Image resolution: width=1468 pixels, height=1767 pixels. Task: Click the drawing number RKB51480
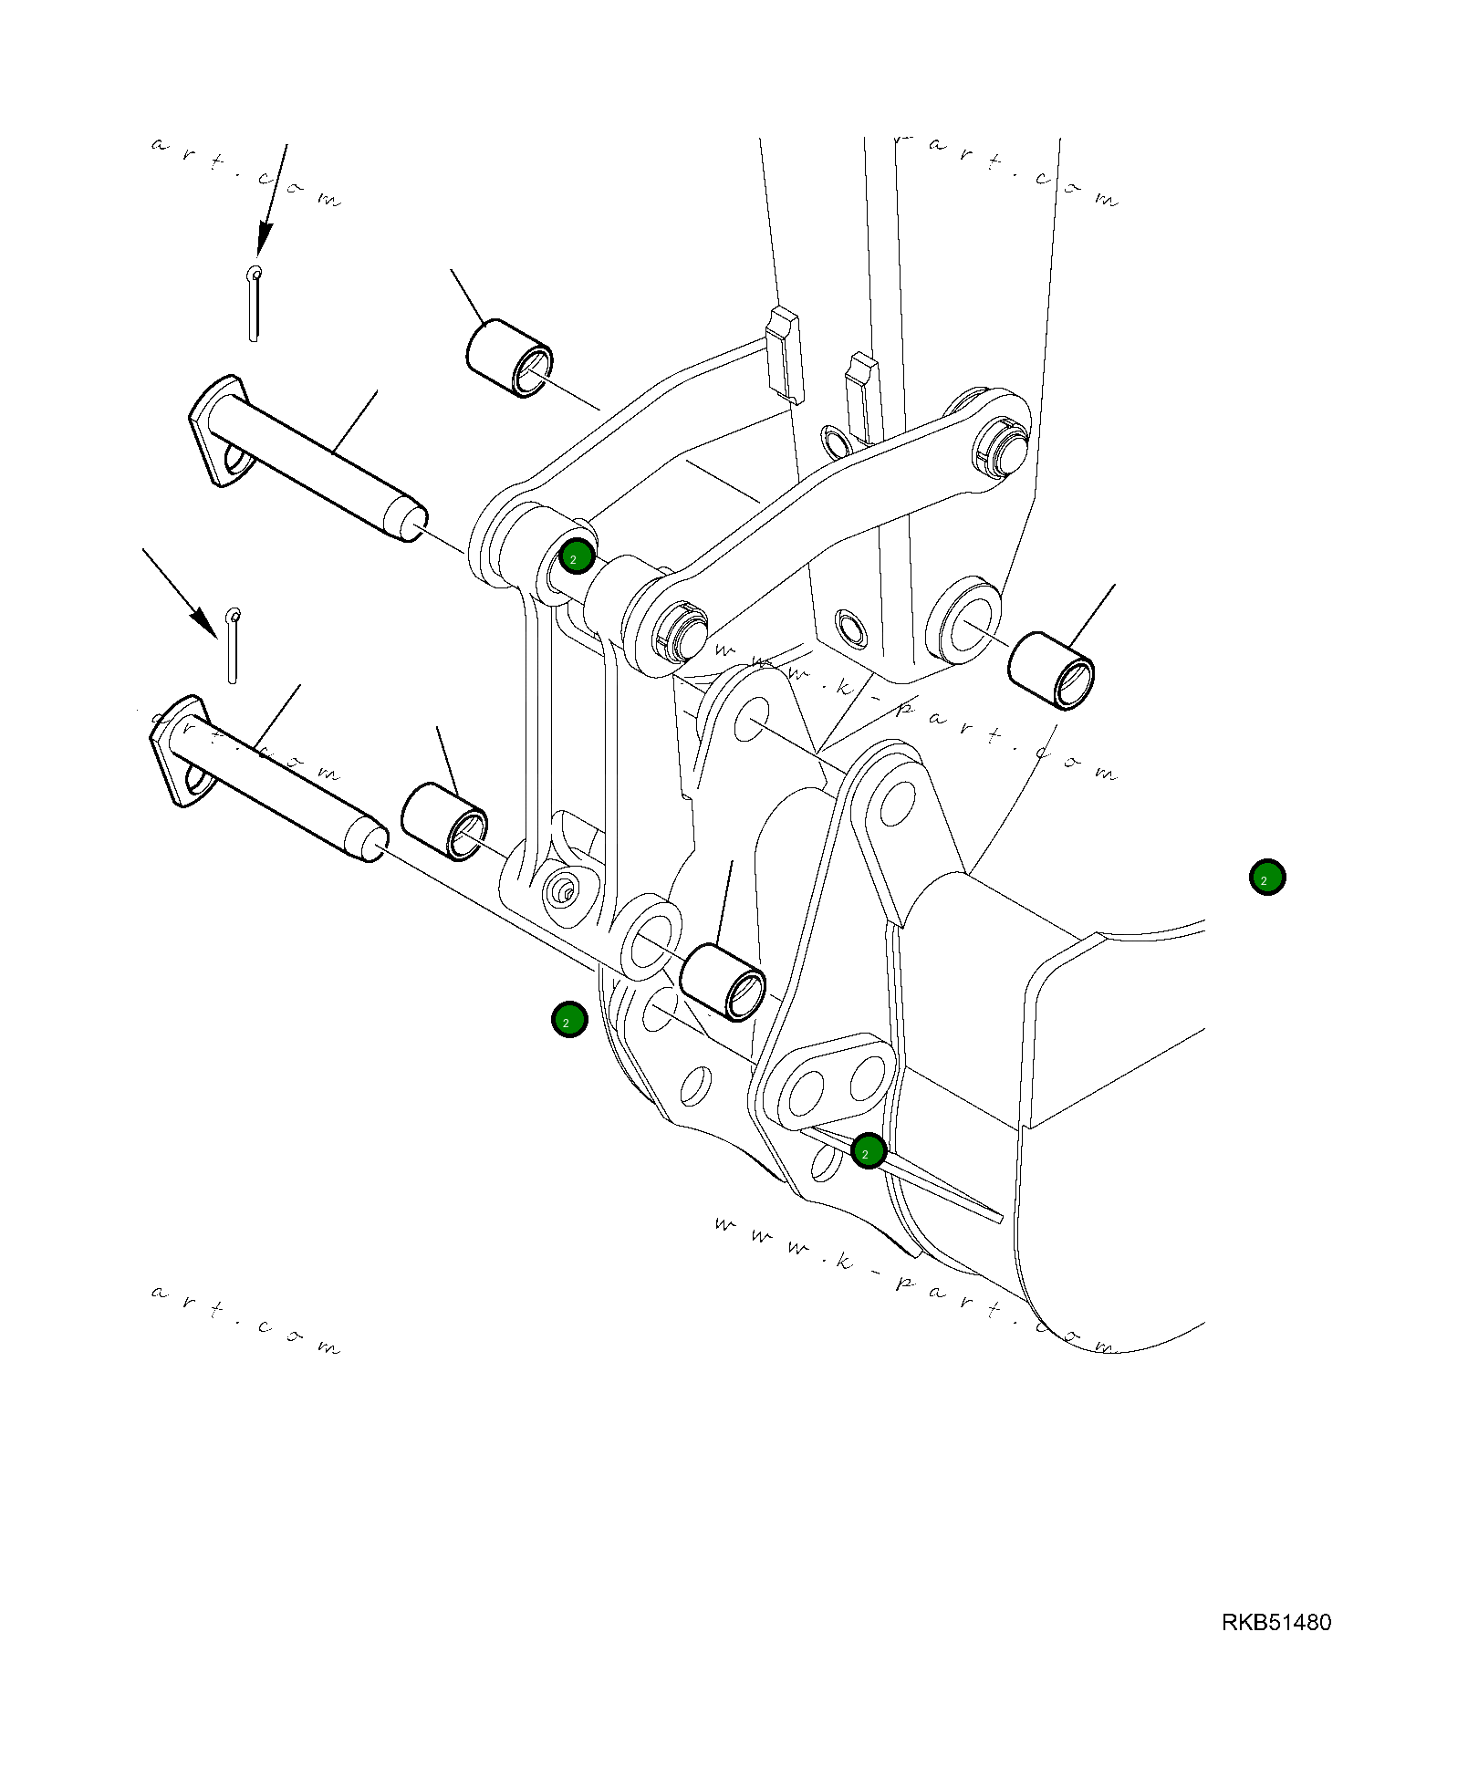coord(1275,1622)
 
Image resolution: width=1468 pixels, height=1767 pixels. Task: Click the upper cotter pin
coord(255,303)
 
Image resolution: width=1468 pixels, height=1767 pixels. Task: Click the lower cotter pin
coord(233,646)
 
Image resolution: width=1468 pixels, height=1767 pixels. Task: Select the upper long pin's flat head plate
coord(220,430)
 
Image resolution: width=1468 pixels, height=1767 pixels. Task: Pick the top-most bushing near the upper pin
coord(508,359)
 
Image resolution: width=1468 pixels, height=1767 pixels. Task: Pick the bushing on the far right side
coord(1050,670)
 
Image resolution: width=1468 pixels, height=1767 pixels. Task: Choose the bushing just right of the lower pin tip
coord(444,821)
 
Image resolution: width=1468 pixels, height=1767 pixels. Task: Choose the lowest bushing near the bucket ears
coord(724,983)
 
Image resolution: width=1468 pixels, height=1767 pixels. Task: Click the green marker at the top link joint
coord(577,556)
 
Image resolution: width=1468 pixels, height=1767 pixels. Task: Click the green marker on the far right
coord(1266,877)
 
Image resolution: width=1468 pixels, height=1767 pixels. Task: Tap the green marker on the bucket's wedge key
coord(868,1151)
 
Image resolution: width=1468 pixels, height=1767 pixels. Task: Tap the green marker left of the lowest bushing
coord(568,1019)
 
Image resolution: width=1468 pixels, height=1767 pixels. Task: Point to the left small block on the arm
coord(783,356)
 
